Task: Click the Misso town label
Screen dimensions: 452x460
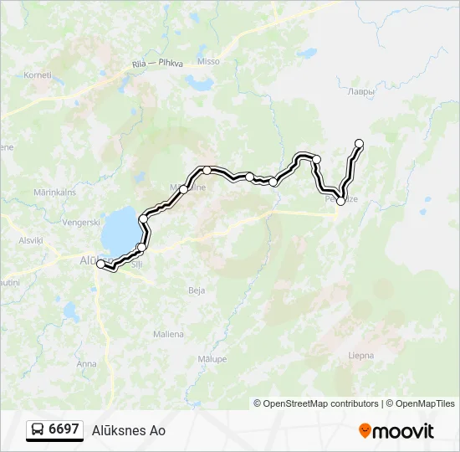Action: point(208,61)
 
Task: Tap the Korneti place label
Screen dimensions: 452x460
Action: point(38,74)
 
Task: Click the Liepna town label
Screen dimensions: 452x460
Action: point(360,354)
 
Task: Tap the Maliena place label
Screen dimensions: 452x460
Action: point(168,334)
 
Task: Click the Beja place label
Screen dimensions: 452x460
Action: point(197,290)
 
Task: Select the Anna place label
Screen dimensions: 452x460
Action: point(86,363)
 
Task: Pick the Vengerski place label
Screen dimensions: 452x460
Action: point(81,223)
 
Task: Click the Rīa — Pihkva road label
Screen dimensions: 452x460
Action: point(158,64)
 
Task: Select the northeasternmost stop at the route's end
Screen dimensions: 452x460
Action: point(360,143)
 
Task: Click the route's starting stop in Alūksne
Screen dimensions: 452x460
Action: point(101,265)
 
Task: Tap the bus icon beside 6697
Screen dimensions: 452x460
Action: point(38,429)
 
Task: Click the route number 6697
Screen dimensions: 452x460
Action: point(64,429)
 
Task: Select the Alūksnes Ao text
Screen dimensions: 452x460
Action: point(128,430)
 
